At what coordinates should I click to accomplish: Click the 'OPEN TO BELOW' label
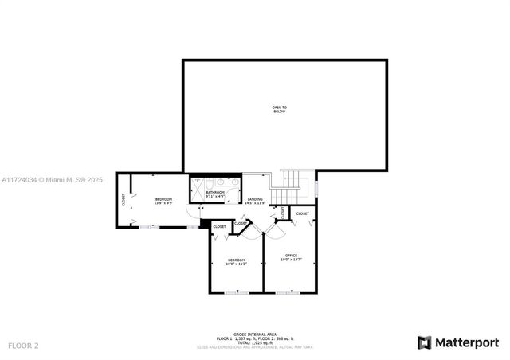[279, 109]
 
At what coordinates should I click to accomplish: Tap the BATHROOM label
[215, 192]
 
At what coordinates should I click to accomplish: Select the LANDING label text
[255, 198]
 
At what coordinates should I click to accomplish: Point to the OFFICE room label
[291, 255]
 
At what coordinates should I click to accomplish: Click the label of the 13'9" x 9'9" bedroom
[163, 198]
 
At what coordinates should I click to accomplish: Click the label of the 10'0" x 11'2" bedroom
[237, 260]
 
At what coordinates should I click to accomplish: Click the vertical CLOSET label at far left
[124, 200]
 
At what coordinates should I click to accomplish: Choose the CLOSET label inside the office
[303, 213]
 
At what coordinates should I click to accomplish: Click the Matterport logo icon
[425, 342]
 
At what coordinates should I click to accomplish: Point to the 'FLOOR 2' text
[23, 346]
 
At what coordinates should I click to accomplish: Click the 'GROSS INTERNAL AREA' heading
[255, 335]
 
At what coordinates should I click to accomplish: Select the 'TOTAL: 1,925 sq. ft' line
[255, 343]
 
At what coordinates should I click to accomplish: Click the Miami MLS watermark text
[52, 180]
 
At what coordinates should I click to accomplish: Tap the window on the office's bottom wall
[288, 292]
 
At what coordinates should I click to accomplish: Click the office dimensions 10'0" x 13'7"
[291, 260]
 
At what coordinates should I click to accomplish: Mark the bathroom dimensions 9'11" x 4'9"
[215, 196]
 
